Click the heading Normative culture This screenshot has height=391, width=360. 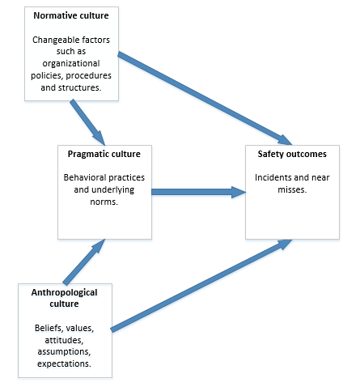71,15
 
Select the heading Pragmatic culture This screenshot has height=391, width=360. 104,154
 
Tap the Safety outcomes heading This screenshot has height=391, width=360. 292,154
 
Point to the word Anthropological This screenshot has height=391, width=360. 64,292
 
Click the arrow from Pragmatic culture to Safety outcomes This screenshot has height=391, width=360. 199,192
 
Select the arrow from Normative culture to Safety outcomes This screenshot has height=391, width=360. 205,99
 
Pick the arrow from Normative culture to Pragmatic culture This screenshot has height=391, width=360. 87,122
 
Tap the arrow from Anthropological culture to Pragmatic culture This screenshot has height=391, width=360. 84,261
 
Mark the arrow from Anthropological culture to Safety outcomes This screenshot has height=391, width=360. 201,286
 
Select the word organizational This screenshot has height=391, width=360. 71,64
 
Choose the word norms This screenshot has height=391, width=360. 104,202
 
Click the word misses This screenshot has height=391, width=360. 292,189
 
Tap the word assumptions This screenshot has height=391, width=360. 64,352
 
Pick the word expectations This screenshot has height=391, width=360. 64,363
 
